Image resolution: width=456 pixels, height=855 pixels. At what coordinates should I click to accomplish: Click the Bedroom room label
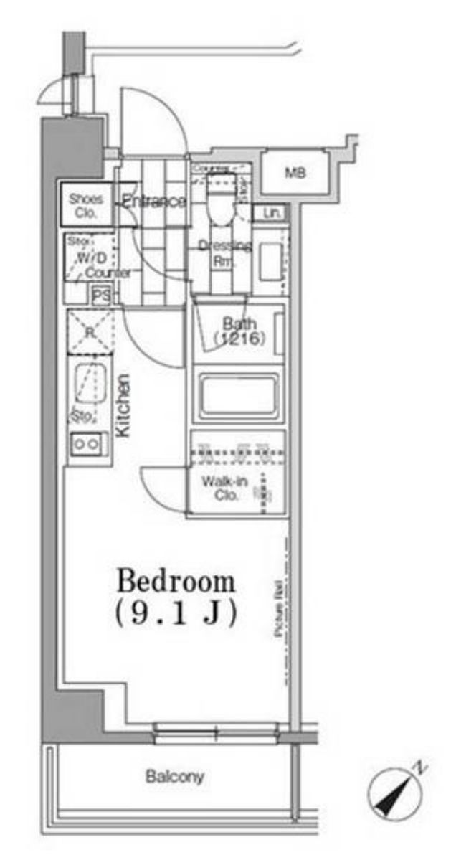[176, 581]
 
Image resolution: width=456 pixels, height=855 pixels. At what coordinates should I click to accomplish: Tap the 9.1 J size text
[176, 614]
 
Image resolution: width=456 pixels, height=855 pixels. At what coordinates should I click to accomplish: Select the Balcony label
[175, 776]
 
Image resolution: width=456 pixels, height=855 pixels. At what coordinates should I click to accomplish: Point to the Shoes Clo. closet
[86, 205]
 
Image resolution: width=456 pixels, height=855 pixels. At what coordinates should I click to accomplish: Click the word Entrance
[153, 202]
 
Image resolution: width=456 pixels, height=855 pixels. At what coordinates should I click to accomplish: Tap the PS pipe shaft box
[101, 295]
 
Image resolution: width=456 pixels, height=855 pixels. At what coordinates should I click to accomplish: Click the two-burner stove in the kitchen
[87, 444]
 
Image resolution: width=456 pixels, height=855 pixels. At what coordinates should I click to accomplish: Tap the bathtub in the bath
[238, 395]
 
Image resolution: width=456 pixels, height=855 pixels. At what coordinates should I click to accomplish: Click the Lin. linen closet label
[271, 213]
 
